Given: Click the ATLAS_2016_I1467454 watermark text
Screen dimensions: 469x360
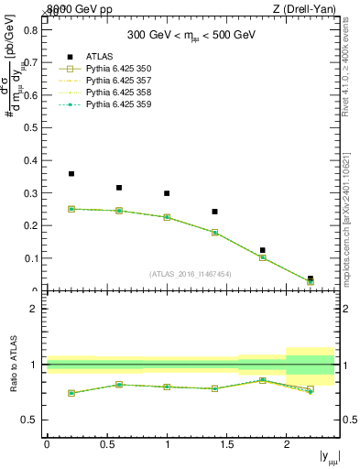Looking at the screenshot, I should (x=191, y=273).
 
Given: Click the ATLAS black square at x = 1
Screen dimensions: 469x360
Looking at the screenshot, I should (x=167, y=193).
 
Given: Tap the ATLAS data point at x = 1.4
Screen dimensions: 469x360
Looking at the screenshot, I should (x=214, y=212).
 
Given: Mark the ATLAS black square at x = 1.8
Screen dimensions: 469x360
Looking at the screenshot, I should (x=262, y=250).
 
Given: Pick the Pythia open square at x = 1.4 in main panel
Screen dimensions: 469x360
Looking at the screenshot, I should (x=214, y=233).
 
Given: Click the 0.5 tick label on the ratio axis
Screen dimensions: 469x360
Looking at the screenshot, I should (x=30, y=420).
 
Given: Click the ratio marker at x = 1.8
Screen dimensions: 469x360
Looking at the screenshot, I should (x=262, y=380).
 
